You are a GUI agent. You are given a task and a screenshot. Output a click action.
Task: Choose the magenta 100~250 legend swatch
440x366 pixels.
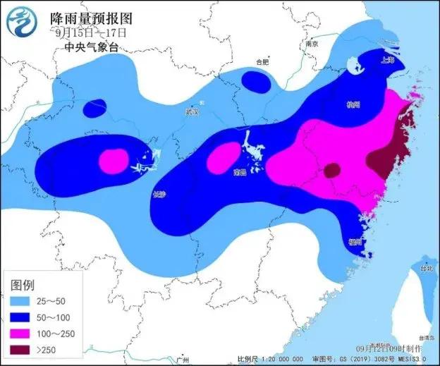point(22,333)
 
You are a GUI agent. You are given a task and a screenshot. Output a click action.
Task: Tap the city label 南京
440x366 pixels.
point(312,44)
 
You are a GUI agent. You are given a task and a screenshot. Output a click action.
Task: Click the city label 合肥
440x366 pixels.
point(262,62)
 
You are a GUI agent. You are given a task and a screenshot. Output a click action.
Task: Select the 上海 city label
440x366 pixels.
point(386,61)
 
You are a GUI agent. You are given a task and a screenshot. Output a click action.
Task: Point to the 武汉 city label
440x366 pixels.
point(192,111)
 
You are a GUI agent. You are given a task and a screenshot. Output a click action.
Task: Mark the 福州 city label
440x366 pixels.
point(355,242)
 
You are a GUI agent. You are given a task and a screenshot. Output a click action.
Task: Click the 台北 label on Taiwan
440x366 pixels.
point(426,269)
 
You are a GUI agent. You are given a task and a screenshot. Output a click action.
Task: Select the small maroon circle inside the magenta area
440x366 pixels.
point(331,170)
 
